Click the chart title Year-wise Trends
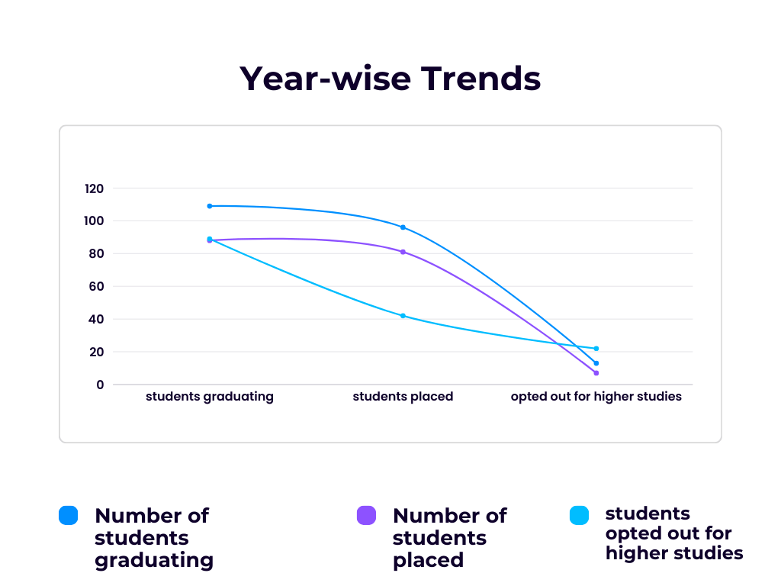pos(390,79)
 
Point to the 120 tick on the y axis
pos(95,188)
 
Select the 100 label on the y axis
pos(95,221)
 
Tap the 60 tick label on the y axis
pos(98,287)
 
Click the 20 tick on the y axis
pos(98,353)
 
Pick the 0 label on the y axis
pos(100,385)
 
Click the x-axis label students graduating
pos(209,397)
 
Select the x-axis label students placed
pos(403,397)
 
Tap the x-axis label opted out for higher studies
pos(596,397)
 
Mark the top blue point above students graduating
pos(210,206)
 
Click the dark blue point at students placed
pos(403,227)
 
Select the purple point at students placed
pos(403,252)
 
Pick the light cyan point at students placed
pos(403,316)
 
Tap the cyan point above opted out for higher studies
pos(596,349)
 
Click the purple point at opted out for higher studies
pos(596,373)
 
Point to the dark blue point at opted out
pos(596,363)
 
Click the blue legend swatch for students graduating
pos(69,516)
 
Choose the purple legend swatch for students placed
pos(367,516)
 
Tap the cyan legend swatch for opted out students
pos(580,516)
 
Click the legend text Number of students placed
pos(449,538)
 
